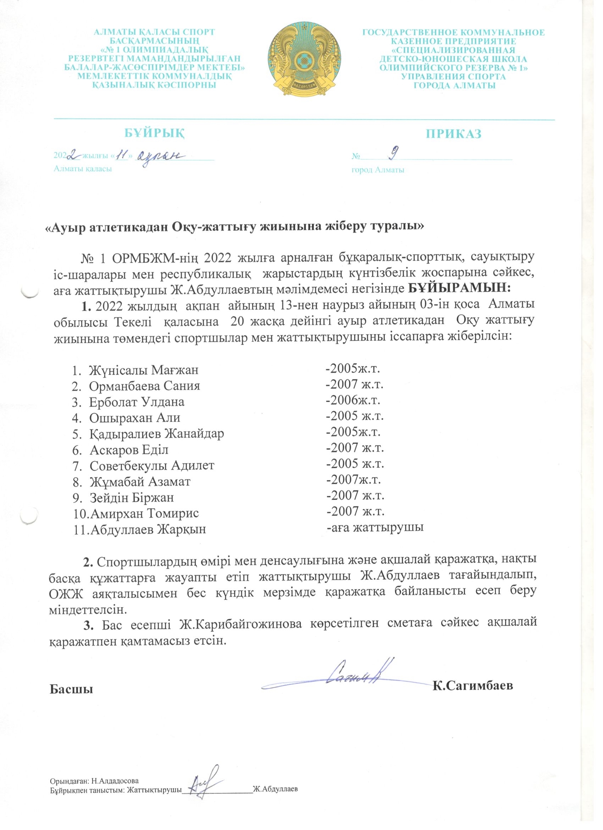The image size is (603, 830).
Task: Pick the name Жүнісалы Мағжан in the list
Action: [144, 370]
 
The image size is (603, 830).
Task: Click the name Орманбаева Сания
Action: [145, 386]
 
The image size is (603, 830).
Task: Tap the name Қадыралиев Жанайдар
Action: [157, 434]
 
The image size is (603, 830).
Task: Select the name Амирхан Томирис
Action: [144, 513]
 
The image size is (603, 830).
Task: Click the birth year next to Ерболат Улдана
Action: [354, 400]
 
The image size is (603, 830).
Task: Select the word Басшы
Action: [71, 689]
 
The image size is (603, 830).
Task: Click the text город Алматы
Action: [378, 170]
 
